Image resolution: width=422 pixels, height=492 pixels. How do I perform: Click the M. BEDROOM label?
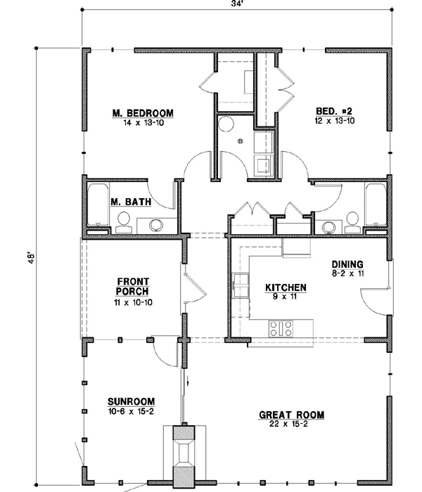tap(143, 112)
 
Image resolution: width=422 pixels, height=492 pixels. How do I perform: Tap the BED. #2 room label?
tap(334, 112)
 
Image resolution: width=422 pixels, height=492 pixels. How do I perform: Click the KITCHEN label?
tap(285, 287)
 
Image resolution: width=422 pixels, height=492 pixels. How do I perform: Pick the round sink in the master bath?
tap(155, 225)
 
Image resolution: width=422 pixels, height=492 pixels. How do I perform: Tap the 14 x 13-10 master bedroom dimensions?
tap(143, 122)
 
